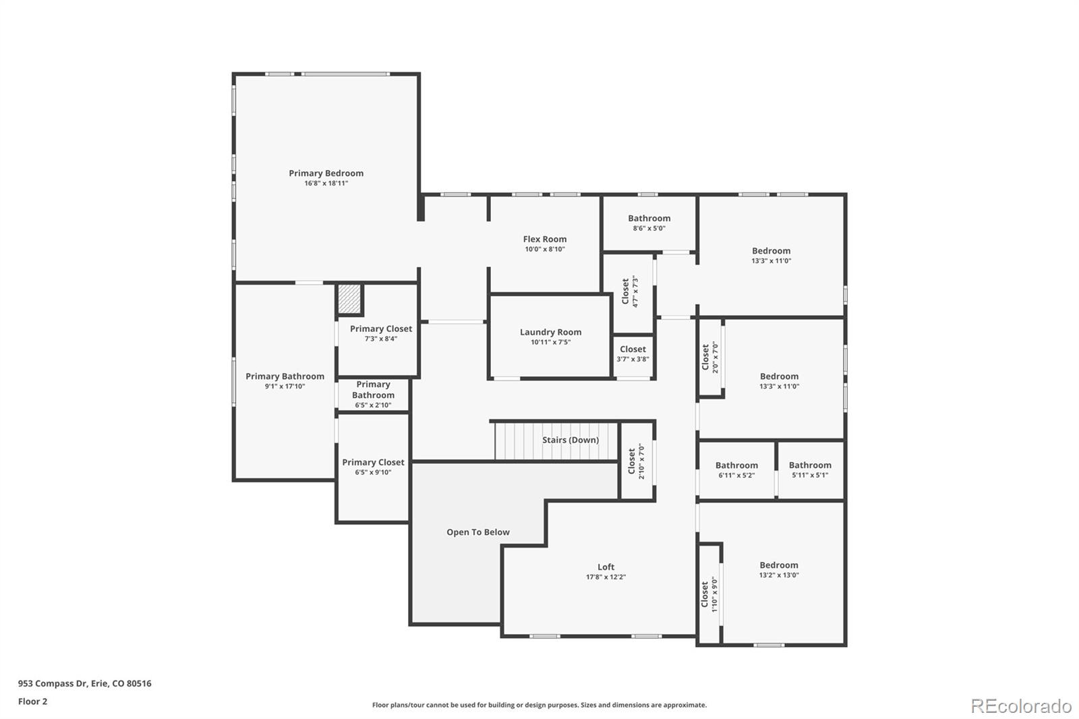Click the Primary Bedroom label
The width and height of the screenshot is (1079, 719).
click(326, 173)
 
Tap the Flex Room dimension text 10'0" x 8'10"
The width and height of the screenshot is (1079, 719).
click(545, 250)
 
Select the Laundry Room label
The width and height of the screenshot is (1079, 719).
click(550, 332)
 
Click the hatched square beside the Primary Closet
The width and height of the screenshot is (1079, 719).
click(349, 299)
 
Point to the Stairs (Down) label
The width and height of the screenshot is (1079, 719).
click(570, 440)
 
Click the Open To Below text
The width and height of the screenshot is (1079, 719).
click(477, 532)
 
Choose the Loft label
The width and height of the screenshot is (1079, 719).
click(606, 567)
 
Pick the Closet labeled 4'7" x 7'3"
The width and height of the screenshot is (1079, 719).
click(629, 291)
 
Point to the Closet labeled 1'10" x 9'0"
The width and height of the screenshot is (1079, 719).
click(709, 594)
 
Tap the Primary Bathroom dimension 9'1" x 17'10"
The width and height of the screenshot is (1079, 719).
click(285, 386)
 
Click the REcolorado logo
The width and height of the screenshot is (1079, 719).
click(1020, 706)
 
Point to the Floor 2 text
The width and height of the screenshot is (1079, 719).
click(32, 701)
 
